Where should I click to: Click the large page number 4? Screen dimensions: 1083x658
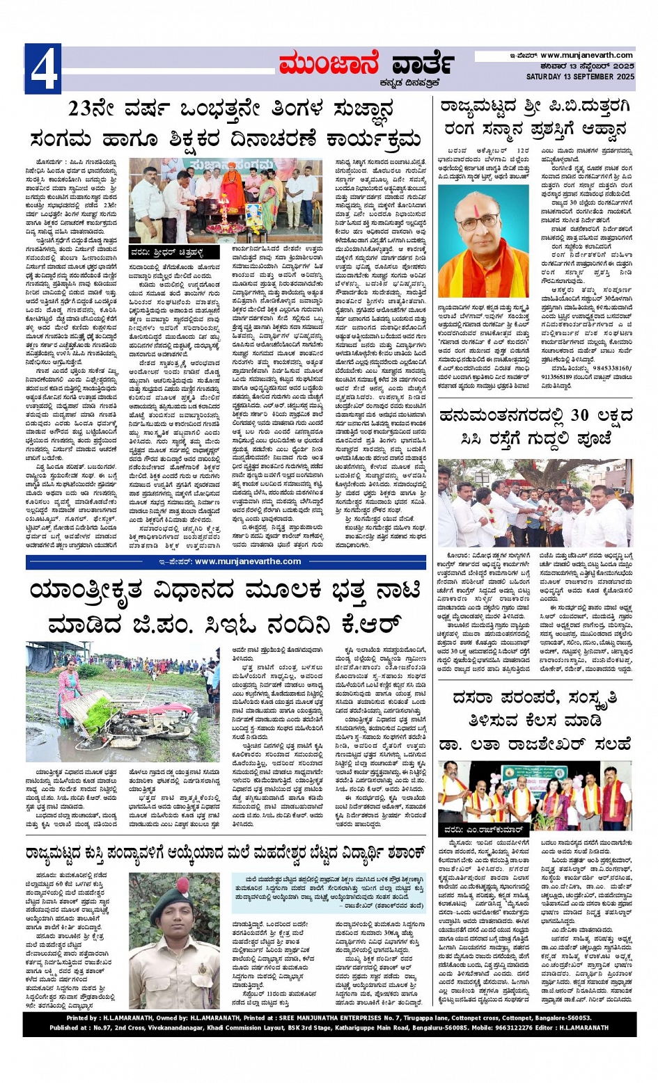point(42,69)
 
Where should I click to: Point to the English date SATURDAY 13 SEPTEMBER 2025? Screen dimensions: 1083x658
point(580,77)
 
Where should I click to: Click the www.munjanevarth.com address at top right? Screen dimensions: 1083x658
point(586,56)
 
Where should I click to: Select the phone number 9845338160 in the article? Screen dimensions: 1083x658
point(604,369)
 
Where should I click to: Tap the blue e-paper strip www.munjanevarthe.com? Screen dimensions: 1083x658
point(226,561)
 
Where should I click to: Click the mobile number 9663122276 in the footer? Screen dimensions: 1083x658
point(506,1027)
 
